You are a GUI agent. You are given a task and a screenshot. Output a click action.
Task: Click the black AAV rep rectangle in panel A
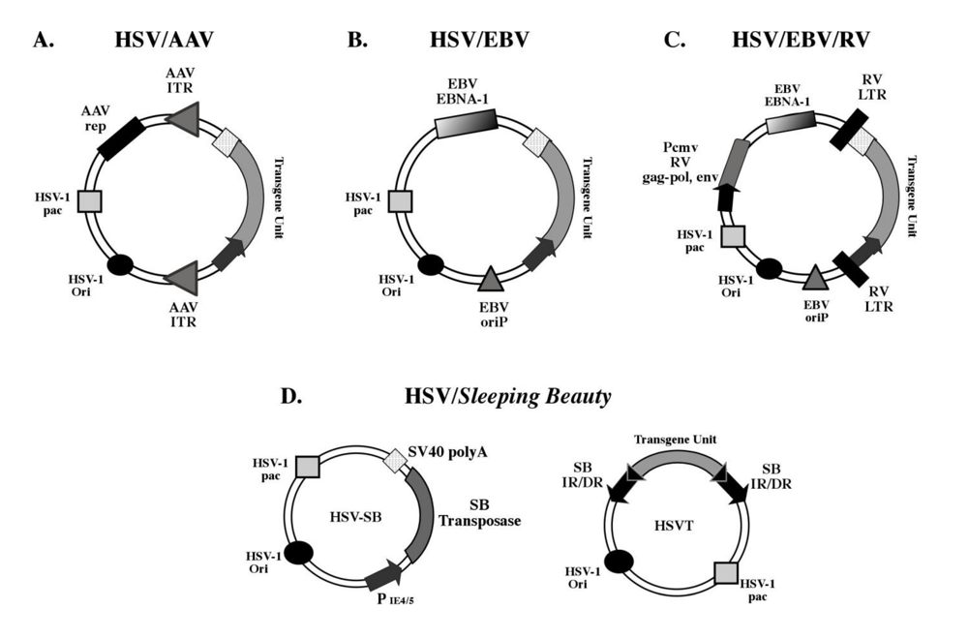121,137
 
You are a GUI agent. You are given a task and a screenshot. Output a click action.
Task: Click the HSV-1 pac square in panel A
90,200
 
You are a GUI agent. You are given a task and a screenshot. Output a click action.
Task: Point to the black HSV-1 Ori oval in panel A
121,263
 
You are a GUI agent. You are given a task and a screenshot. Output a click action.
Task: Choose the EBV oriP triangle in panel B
491,279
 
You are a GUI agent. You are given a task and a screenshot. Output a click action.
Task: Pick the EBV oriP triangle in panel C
815,279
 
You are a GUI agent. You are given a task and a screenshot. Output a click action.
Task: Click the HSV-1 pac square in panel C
734,234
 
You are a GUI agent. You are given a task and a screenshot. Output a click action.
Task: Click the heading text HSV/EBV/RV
801,40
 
